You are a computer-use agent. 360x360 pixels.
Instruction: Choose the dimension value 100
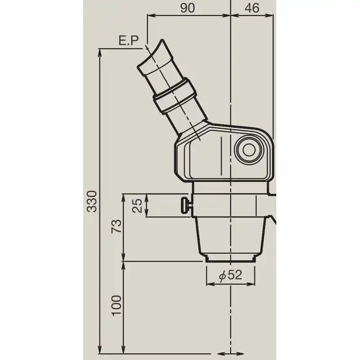coord(116,306)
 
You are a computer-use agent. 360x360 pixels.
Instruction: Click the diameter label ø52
coord(230,275)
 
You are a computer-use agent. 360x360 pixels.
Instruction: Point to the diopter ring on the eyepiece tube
coord(175,95)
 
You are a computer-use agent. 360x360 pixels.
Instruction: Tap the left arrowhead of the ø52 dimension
coord(208,284)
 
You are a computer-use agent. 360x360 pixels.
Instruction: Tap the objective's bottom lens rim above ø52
coord(230,259)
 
